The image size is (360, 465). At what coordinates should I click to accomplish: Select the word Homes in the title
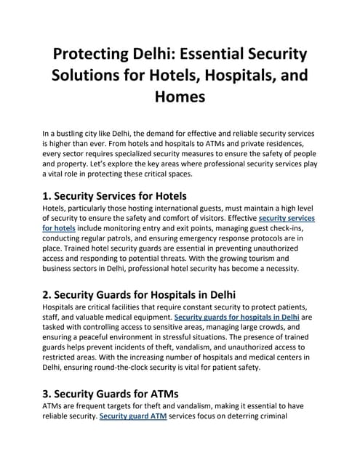[180, 97]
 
